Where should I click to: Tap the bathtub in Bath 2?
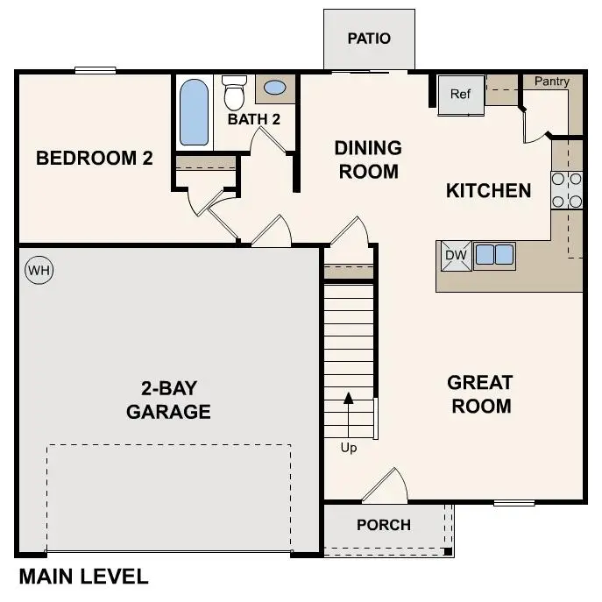(x=194, y=113)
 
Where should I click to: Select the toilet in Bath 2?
(x=234, y=92)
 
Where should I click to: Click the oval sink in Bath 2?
(x=274, y=88)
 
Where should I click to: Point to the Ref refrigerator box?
(x=461, y=94)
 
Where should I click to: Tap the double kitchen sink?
(x=494, y=255)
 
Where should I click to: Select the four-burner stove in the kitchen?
(x=567, y=190)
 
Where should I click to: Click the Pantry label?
(x=552, y=81)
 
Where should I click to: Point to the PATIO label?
(x=369, y=39)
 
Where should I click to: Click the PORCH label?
(x=384, y=525)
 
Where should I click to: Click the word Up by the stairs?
(x=349, y=448)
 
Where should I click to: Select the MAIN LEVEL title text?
(x=83, y=577)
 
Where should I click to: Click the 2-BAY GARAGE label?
(x=168, y=400)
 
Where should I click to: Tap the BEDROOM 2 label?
(x=95, y=159)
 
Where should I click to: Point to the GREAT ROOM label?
(x=480, y=394)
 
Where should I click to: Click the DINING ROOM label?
(x=368, y=159)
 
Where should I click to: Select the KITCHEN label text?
(x=489, y=191)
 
